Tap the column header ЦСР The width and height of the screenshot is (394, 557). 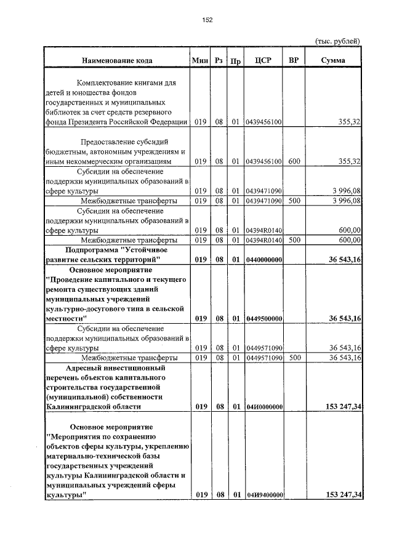point(263,60)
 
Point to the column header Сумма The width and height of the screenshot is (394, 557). point(333,60)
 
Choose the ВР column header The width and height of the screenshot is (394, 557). point(294,60)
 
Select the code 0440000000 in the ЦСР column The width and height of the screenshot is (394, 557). point(263,260)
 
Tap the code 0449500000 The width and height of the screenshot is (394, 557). point(263,319)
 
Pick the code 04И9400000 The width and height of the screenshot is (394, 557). point(263,495)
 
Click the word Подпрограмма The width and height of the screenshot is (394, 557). point(93,250)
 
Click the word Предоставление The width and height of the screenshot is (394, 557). point(100,142)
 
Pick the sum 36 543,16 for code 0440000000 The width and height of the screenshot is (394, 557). point(342,260)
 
